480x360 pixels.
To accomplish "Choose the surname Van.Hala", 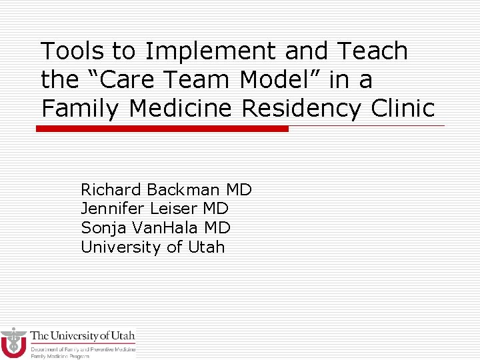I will [165, 228].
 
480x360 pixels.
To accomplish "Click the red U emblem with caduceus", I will [13, 343].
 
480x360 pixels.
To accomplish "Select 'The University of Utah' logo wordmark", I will [83, 336].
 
